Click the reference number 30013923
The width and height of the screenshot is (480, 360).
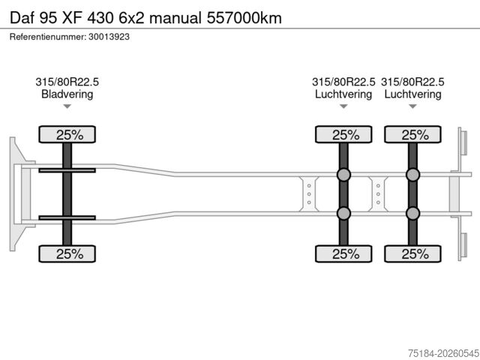pyautogui.click(x=109, y=37)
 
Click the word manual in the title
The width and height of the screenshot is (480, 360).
pyautogui.click(x=175, y=18)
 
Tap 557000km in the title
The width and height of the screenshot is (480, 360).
pyautogui.click(x=244, y=18)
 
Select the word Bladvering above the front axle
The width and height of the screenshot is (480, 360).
pyautogui.click(x=67, y=94)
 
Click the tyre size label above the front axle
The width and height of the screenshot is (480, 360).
pyautogui.click(x=67, y=82)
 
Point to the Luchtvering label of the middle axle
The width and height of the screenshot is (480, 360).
pyautogui.click(x=343, y=94)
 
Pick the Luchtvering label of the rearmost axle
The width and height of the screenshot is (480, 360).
pyautogui.click(x=412, y=94)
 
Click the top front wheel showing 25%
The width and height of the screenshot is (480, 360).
pyautogui.click(x=67, y=134)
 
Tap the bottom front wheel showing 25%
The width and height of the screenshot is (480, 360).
pyautogui.click(x=67, y=253)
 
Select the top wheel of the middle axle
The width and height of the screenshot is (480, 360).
pyautogui.click(x=343, y=134)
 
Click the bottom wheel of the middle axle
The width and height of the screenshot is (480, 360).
pyautogui.click(x=343, y=253)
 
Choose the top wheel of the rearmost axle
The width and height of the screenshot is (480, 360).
pyautogui.click(x=412, y=134)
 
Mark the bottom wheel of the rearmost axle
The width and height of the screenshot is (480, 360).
pyautogui.click(x=412, y=253)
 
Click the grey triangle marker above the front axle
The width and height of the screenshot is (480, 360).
pyautogui.click(x=67, y=106)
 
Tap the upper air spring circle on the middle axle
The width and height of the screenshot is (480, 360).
pyautogui.click(x=343, y=175)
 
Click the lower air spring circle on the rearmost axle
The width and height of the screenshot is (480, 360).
pyautogui.click(x=412, y=213)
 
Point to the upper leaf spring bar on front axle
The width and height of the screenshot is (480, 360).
pyautogui.click(x=67, y=170)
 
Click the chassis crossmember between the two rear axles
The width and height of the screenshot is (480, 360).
pyautogui.click(x=378, y=194)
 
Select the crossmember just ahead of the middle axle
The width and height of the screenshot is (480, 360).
pyautogui.click(x=309, y=194)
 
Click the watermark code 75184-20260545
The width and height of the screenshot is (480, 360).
pyautogui.click(x=443, y=353)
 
